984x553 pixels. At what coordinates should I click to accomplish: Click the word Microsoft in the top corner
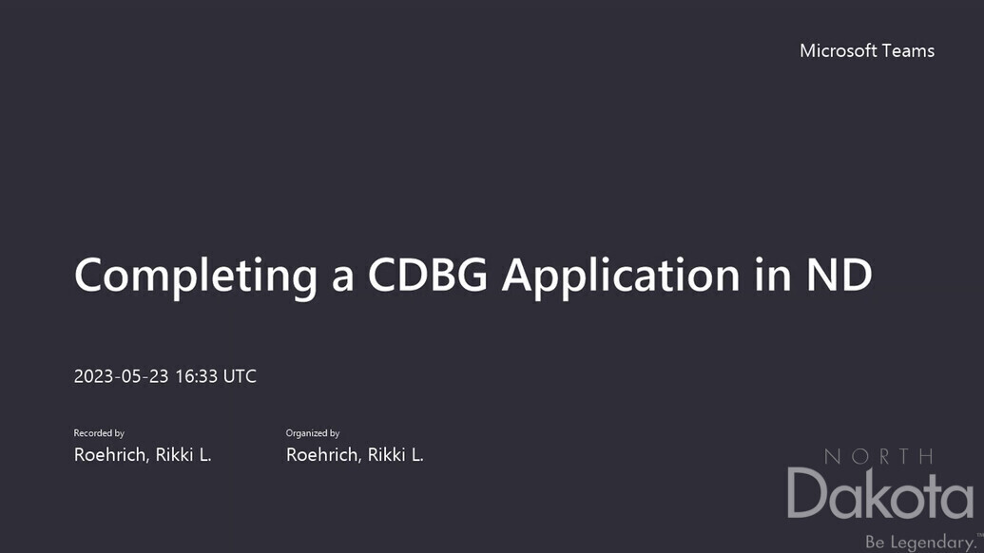pyautogui.click(x=838, y=50)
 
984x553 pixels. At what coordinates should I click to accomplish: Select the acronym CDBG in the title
pyautogui.click(x=428, y=275)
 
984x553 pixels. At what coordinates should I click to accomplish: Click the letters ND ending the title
pyautogui.click(x=839, y=275)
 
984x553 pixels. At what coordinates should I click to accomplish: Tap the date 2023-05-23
pyautogui.click(x=121, y=376)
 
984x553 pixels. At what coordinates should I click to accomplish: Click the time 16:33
pyautogui.click(x=197, y=376)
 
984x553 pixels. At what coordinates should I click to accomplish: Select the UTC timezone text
pyautogui.click(x=240, y=376)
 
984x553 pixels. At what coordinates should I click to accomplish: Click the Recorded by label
pyautogui.click(x=99, y=433)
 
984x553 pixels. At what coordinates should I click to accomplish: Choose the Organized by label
pyautogui.click(x=313, y=433)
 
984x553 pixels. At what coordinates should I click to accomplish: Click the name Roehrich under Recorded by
pyautogui.click(x=111, y=454)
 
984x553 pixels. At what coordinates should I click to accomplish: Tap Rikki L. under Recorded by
pyautogui.click(x=183, y=454)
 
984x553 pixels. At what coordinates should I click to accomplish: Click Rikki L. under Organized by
pyautogui.click(x=396, y=454)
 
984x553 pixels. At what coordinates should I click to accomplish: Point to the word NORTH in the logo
pyautogui.click(x=879, y=456)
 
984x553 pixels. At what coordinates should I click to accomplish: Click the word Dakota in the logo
pyautogui.click(x=880, y=493)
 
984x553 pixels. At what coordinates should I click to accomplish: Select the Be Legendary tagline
pyautogui.click(x=921, y=542)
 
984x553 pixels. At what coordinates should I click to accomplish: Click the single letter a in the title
pyautogui.click(x=342, y=279)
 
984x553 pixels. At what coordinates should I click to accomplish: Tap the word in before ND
pyautogui.click(x=773, y=275)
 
